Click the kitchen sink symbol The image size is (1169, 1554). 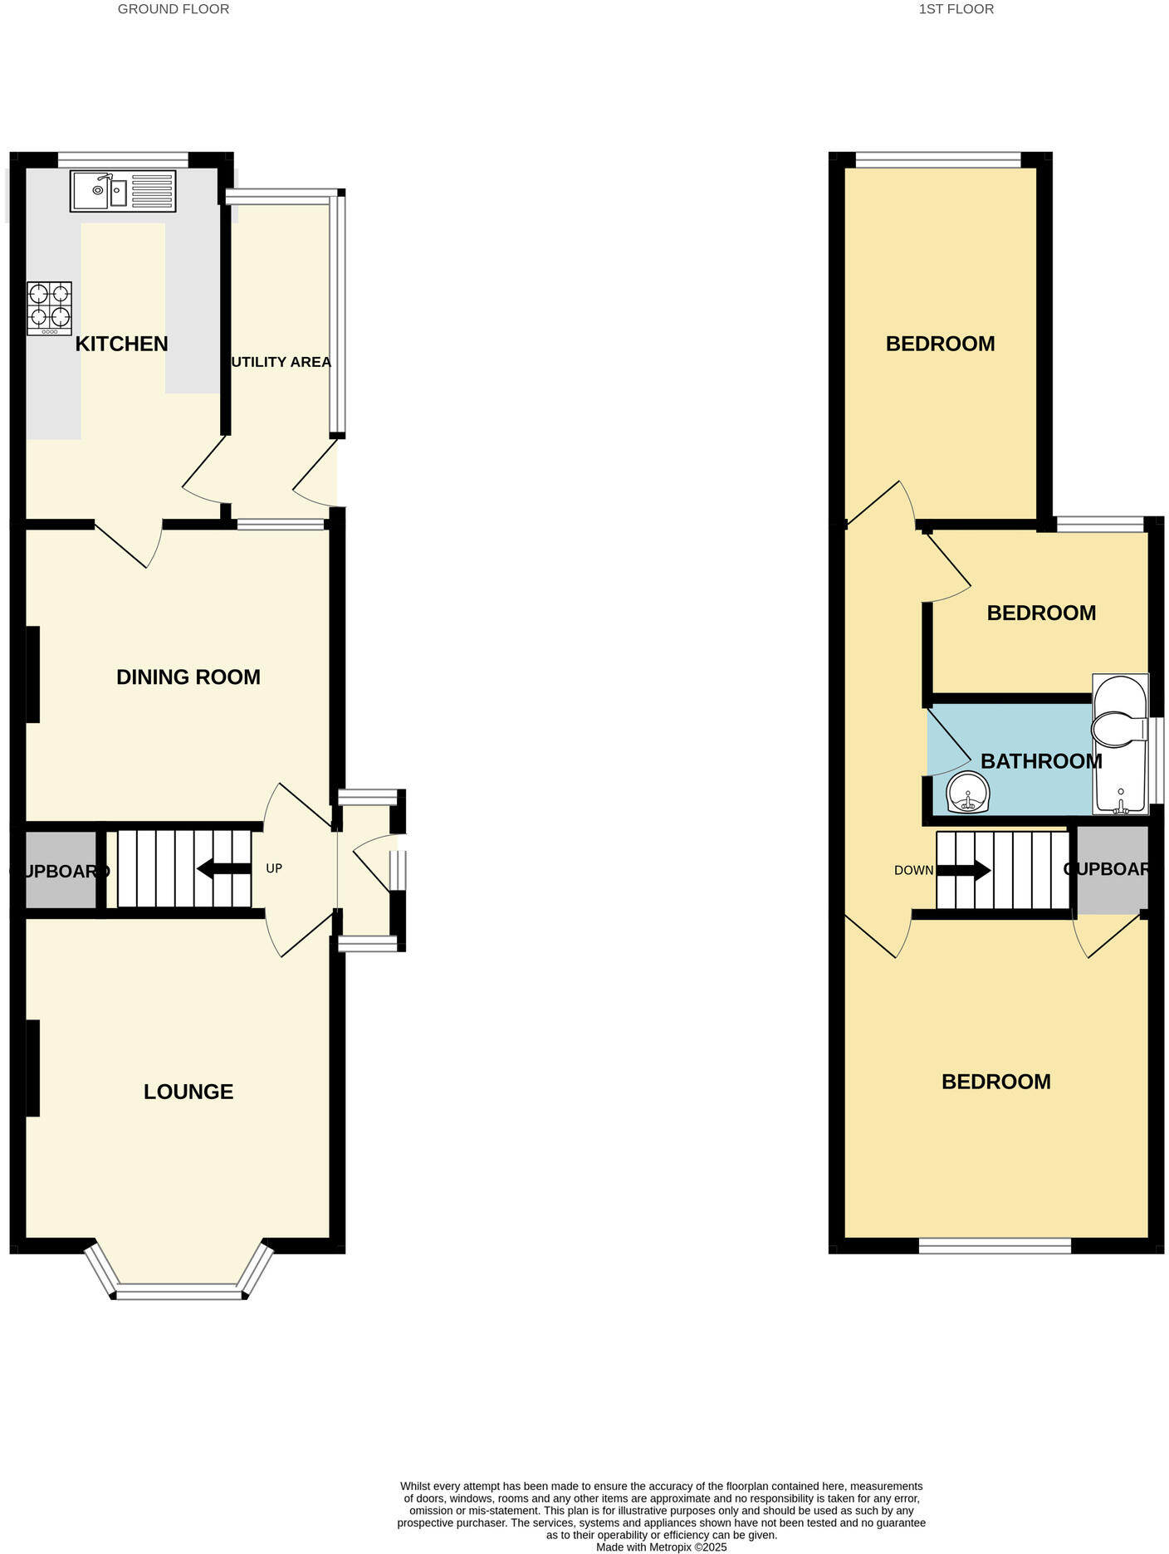(123, 191)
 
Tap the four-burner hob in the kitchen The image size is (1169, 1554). (49, 308)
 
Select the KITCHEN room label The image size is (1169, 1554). (121, 344)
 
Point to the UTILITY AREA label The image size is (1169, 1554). (281, 362)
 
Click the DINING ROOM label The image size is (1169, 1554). (188, 677)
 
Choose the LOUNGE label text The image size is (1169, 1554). (188, 1092)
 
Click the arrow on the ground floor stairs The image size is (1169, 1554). (223, 869)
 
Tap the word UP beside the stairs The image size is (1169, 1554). (274, 868)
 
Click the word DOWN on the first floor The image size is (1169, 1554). (913, 871)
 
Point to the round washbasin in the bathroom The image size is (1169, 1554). (967, 793)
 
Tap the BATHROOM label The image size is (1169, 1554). (1041, 761)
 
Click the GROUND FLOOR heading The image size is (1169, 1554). (173, 9)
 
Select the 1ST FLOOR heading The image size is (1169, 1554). (956, 9)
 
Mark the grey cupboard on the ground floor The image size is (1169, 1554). (60, 870)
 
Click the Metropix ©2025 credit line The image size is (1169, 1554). (661, 1547)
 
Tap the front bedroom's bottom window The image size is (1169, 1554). (995, 1245)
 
